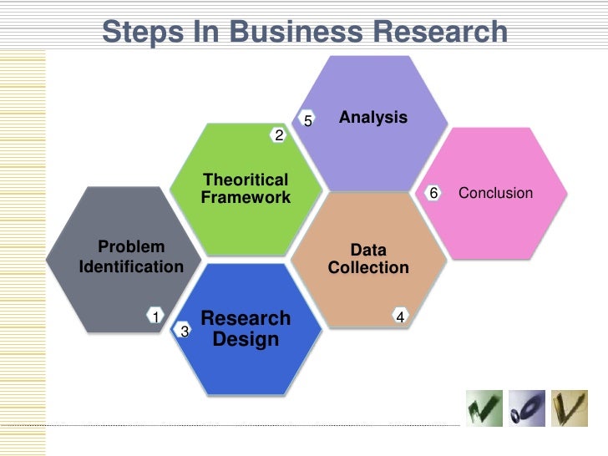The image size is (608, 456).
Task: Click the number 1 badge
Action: coord(155,315)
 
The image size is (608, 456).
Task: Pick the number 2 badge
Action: coord(279,134)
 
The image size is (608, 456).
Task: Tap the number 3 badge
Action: coord(185,332)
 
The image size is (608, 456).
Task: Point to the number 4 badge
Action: coord(401,317)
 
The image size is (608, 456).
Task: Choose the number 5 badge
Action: coord(307,121)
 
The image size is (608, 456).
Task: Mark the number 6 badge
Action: coord(433,194)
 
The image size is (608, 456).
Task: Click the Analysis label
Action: coord(373,117)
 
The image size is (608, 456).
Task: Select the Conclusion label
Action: coord(495,193)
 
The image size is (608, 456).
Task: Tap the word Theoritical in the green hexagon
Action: coord(246,180)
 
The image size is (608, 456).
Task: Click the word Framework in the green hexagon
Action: coord(246,197)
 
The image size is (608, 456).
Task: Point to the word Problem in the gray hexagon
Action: coord(131,246)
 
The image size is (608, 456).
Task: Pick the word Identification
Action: coord(131,267)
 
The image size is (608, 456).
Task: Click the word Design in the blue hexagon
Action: coord(246,340)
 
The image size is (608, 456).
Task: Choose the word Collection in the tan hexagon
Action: coord(368,268)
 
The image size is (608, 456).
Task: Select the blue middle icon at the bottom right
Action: coord(527,409)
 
